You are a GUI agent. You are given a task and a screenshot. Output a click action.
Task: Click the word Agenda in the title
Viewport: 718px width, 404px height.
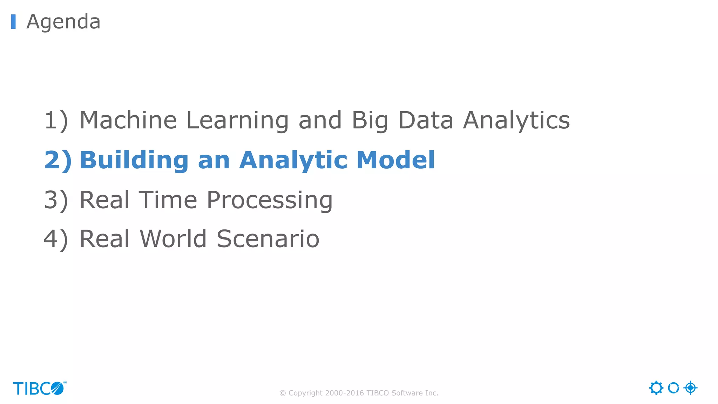63,22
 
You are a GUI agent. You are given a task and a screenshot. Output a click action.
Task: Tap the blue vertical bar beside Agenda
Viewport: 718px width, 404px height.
13,22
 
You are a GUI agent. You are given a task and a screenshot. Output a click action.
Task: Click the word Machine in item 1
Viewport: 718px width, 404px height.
128,120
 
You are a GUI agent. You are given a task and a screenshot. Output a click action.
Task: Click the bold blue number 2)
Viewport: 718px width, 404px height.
58,160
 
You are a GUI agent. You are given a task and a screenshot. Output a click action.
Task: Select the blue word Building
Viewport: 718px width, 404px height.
134,160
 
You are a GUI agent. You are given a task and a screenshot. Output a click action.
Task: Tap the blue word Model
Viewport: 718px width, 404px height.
395,160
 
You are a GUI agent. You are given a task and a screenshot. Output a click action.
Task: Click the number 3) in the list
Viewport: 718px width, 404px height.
56,200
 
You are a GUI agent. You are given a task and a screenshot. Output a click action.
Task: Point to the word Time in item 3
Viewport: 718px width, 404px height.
168,200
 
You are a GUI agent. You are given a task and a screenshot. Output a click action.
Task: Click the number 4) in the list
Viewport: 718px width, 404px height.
56,239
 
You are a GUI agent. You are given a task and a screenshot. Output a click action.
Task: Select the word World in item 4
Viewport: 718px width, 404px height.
173,239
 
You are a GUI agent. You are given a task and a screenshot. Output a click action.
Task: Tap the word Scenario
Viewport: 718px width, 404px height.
268,239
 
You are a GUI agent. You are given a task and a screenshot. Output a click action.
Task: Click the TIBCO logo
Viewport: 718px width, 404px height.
39,388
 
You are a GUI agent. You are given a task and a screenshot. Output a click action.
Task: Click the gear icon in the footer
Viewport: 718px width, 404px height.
656,388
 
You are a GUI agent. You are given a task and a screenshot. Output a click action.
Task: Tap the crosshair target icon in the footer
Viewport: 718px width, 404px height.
690,388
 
